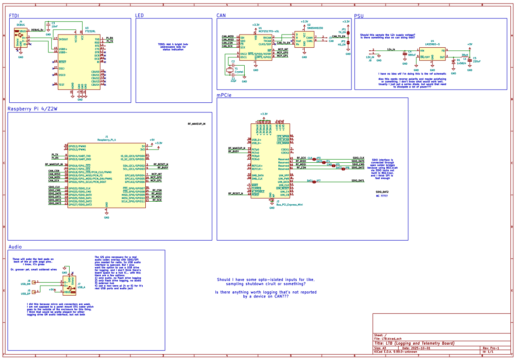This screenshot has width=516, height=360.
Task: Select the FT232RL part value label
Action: tap(91, 31)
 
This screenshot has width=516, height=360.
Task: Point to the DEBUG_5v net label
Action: tap(38, 30)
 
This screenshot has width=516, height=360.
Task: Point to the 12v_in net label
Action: tap(391, 50)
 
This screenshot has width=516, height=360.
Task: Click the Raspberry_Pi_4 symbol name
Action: tap(106, 140)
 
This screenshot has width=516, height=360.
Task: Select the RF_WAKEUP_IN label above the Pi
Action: tap(197, 124)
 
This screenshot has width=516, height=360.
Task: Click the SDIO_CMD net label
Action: tap(358, 164)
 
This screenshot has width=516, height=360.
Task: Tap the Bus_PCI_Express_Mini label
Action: tap(290, 204)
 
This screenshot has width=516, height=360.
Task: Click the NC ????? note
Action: tap(382, 196)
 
